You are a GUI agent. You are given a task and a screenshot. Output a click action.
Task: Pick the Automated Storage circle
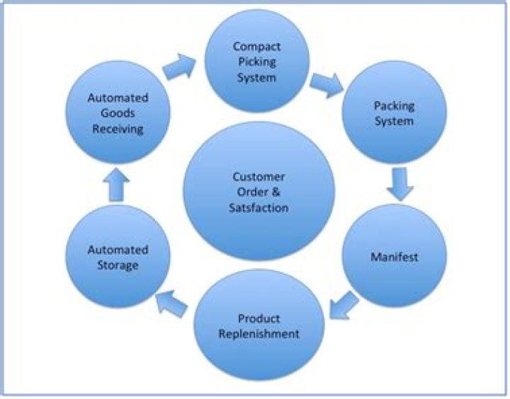pos(118,257)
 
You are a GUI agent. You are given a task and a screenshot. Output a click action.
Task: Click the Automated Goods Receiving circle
pos(117,113)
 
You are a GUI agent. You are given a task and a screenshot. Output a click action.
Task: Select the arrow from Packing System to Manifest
pos(399,185)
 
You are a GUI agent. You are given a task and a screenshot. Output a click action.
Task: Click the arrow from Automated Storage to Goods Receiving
pos(117,187)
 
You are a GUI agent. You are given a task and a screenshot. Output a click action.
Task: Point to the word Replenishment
pos(259,333)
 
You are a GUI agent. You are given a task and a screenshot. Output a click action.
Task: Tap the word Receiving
pos(117,129)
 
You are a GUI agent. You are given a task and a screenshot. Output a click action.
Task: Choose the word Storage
pos(118,265)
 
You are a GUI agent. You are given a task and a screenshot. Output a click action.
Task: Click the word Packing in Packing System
pos(394,106)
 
